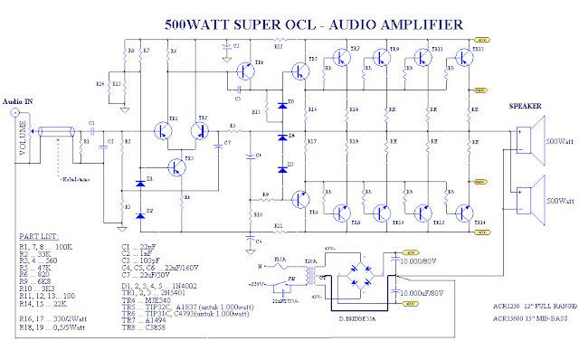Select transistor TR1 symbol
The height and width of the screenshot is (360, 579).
tap(165, 130)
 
